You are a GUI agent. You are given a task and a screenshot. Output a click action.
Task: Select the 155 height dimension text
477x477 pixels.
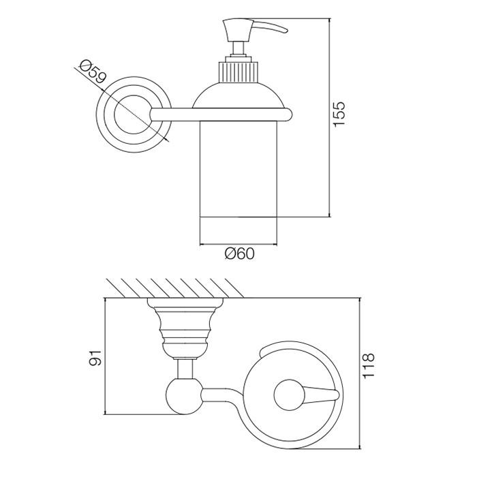[339, 113]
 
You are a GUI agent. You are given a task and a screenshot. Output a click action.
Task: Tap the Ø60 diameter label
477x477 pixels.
[239, 253]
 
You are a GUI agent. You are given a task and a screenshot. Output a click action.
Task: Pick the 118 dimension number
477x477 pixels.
[367, 367]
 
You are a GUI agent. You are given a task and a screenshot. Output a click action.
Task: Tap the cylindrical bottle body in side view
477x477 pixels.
[239, 170]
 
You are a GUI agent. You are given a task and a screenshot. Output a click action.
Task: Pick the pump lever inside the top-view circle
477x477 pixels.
[300, 395]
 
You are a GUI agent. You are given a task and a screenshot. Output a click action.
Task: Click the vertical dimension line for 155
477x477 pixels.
[329, 116]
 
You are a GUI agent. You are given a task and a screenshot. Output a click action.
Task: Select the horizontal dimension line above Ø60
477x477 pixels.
[239, 243]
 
